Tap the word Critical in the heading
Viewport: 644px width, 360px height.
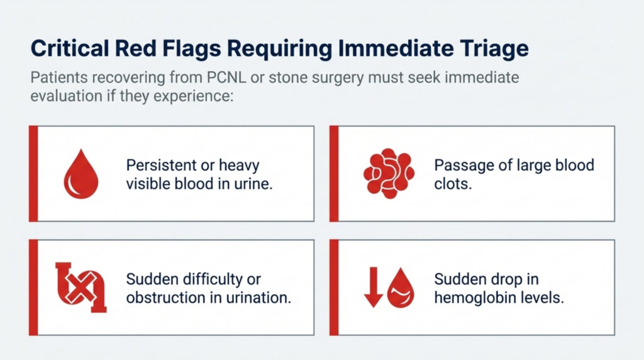[x=69, y=48]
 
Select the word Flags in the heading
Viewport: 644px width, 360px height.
[x=192, y=49]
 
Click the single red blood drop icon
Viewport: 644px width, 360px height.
[x=81, y=174]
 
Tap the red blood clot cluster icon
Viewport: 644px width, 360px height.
[x=389, y=174]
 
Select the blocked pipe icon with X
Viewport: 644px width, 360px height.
[x=81, y=287]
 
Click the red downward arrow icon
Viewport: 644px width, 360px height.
[x=374, y=287]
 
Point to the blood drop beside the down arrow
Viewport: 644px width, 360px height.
[x=401, y=288]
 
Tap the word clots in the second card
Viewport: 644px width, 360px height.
[x=453, y=184]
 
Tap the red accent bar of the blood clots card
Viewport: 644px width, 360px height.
[x=334, y=174]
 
